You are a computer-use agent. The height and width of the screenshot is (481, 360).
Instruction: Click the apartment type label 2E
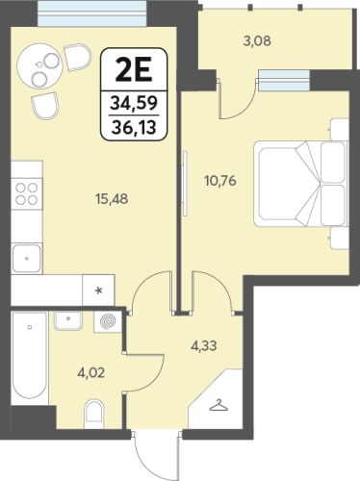[x=134, y=70]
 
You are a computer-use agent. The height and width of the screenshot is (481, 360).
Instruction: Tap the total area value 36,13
[x=134, y=128]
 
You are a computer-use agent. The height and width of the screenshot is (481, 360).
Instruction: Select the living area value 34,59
[x=134, y=103]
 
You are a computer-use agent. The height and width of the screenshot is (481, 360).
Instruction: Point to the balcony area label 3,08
[x=257, y=41]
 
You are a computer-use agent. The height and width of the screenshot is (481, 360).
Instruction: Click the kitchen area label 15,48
[x=112, y=199]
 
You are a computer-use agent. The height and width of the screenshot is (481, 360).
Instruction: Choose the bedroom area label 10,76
[x=220, y=181]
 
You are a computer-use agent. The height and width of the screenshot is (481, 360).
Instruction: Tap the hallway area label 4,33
[x=204, y=346]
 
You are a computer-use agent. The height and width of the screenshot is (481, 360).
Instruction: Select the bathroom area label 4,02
[x=91, y=373]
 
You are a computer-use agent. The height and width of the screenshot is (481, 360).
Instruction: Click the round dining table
[x=39, y=66]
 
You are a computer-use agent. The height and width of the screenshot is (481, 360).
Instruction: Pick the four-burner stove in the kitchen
[x=27, y=193]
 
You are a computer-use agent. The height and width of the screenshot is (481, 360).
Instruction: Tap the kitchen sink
[x=27, y=259]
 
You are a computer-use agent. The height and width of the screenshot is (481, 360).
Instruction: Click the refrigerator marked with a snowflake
[x=98, y=291]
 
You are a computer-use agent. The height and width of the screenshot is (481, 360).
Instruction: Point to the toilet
[x=94, y=414]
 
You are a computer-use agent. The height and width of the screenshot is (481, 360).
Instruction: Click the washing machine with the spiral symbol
[x=108, y=321]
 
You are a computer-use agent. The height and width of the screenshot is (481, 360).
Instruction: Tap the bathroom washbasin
[x=68, y=320]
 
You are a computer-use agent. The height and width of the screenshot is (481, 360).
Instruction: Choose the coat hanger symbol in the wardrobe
[x=219, y=405]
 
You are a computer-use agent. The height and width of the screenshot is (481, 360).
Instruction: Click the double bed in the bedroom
[x=301, y=184]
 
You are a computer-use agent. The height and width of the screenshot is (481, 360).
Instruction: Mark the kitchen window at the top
[x=93, y=13]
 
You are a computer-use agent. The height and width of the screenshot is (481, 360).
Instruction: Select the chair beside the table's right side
[x=78, y=57]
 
